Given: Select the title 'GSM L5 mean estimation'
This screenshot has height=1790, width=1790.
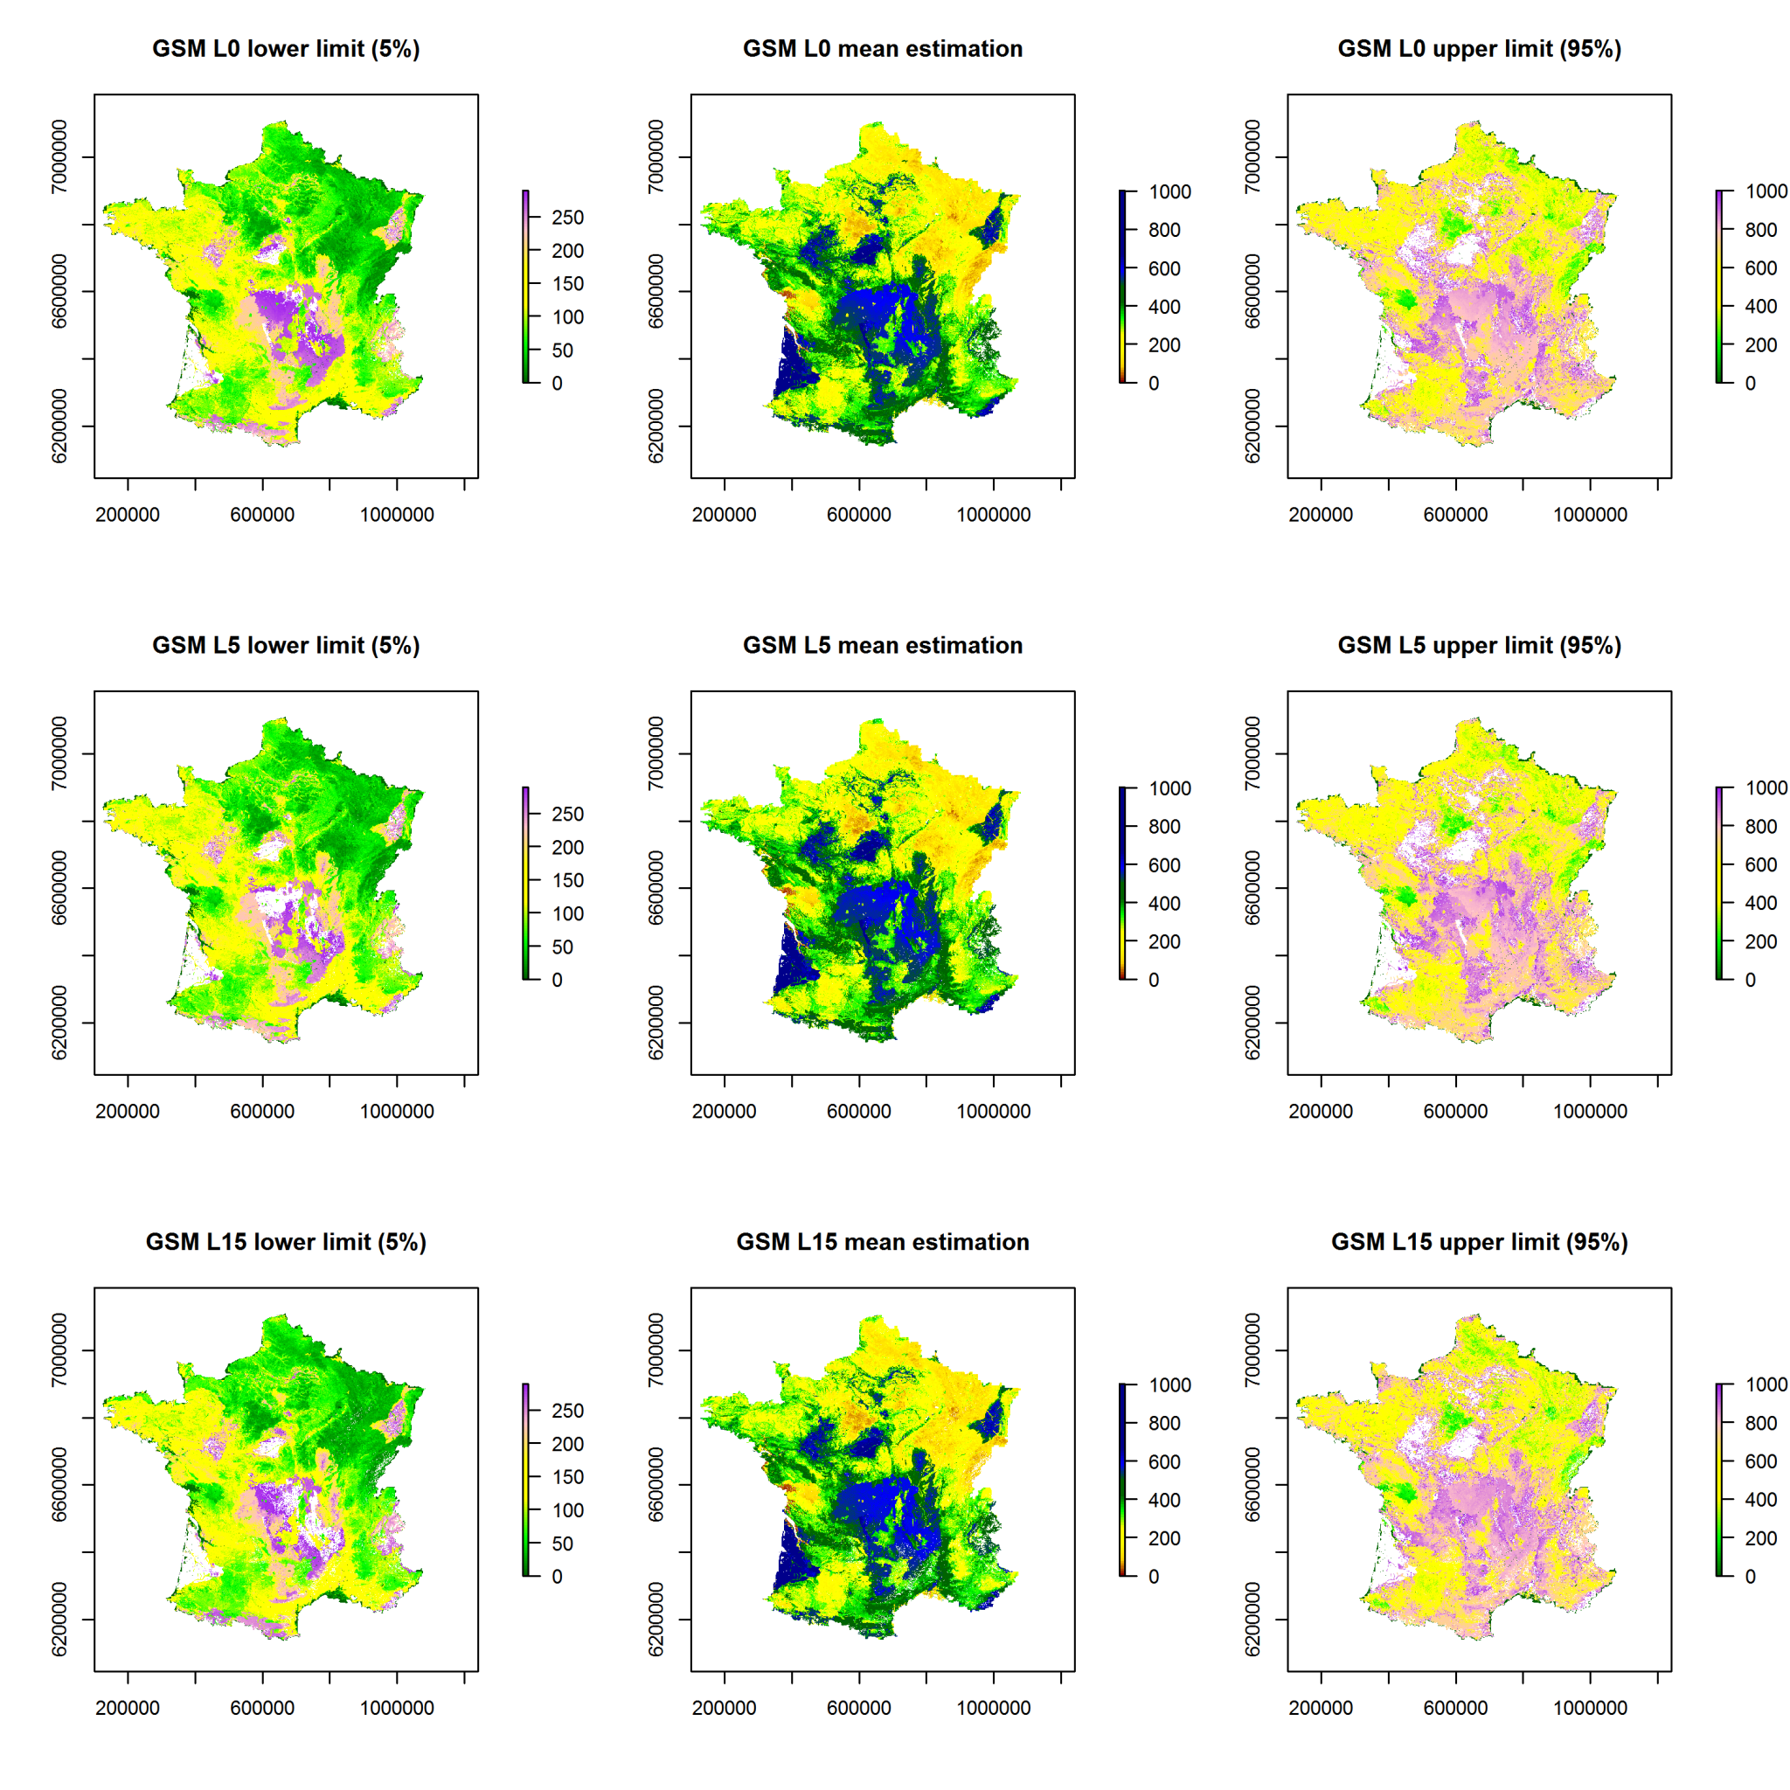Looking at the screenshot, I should (x=882, y=646).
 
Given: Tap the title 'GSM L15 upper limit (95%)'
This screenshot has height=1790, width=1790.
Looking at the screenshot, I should (x=1479, y=1243).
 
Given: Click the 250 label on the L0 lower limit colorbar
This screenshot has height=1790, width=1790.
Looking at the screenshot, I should (x=567, y=218).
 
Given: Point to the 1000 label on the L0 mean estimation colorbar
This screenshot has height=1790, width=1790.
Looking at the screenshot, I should (x=1169, y=191).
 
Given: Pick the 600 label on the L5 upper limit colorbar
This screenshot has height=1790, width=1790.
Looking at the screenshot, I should (x=1760, y=864).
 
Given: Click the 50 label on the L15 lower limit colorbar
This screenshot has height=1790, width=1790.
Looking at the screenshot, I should (x=561, y=1544).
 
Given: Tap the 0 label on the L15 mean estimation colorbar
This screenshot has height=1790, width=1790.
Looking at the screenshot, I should (x=1153, y=1576).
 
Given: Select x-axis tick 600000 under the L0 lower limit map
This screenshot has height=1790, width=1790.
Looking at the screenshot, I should (x=262, y=514).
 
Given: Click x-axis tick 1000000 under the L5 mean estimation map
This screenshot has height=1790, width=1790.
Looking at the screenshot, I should (x=993, y=1111).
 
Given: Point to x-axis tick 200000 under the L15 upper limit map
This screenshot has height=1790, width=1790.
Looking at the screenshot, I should (x=1321, y=1708).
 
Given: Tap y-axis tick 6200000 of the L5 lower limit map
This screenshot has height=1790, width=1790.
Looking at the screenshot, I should (x=59, y=1022).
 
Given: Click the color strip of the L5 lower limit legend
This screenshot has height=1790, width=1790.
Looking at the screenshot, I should (x=525, y=883).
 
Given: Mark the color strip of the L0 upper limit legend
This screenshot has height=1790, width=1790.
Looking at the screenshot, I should (x=1718, y=287).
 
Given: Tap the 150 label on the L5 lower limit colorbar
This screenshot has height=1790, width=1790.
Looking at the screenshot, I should (x=567, y=880).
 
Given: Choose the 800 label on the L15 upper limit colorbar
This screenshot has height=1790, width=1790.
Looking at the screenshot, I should (x=1760, y=1423).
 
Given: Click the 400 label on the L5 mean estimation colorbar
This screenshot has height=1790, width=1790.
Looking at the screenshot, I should (x=1163, y=904).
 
